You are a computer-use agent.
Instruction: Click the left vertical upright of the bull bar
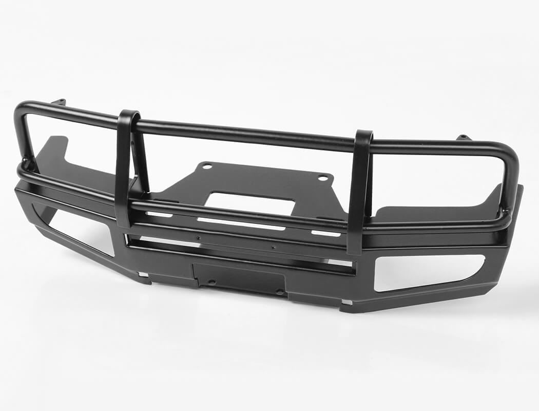click(123, 170)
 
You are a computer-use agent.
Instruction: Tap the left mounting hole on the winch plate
click(206, 166)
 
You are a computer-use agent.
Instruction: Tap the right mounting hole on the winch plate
click(323, 178)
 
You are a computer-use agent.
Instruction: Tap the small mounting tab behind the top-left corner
click(59, 102)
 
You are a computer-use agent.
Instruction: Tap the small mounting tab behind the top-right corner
click(464, 137)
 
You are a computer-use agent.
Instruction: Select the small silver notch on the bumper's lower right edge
click(347, 303)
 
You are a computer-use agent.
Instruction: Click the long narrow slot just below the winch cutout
click(241, 223)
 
